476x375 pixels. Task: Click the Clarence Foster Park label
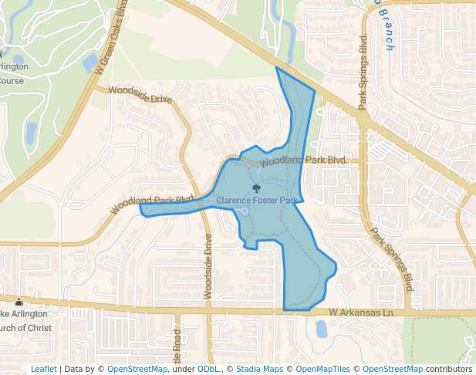(257, 201)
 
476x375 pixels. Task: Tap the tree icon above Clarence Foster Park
(256, 187)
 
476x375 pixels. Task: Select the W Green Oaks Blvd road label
(110, 36)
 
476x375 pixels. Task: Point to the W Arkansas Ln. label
(362, 312)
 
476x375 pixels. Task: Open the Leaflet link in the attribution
(43, 369)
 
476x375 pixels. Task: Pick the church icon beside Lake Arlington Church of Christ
(19, 302)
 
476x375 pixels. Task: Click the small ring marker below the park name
(244, 211)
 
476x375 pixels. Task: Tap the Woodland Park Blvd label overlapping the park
(302, 160)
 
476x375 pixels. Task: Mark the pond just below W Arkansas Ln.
(321, 329)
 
